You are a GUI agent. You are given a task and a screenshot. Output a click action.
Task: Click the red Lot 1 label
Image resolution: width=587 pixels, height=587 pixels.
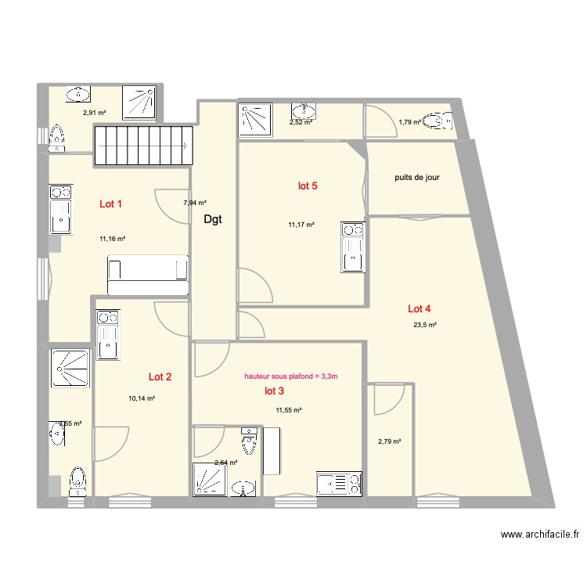click(110, 204)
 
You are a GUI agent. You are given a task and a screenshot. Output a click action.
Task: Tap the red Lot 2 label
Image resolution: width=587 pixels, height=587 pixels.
click(160, 376)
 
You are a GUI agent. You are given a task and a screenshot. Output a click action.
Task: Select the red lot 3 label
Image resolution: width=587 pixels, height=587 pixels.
click(275, 391)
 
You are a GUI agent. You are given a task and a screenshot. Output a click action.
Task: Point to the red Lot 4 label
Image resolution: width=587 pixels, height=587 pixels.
click(420, 308)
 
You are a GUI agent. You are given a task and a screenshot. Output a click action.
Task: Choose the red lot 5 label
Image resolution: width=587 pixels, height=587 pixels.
click(308, 186)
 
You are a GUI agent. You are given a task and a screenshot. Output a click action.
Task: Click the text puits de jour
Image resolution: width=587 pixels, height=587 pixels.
click(417, 178)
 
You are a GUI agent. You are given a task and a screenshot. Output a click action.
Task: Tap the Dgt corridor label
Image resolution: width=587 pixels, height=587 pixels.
click(213, 220)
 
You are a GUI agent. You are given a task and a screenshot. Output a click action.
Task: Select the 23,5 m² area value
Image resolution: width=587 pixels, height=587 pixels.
click(425, 325)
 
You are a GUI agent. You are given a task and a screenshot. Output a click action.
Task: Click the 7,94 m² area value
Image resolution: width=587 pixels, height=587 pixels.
click(195, 203)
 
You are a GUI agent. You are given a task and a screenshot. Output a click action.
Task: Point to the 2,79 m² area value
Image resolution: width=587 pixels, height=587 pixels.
click(389, 441)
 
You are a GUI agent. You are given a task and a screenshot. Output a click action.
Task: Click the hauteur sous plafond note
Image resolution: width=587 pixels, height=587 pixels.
click(291, 376)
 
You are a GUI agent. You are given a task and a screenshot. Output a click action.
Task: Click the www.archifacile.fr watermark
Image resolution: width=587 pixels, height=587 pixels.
click(540, 535)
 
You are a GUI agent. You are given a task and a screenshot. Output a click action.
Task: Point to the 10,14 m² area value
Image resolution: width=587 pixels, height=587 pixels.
click(142, 398)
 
